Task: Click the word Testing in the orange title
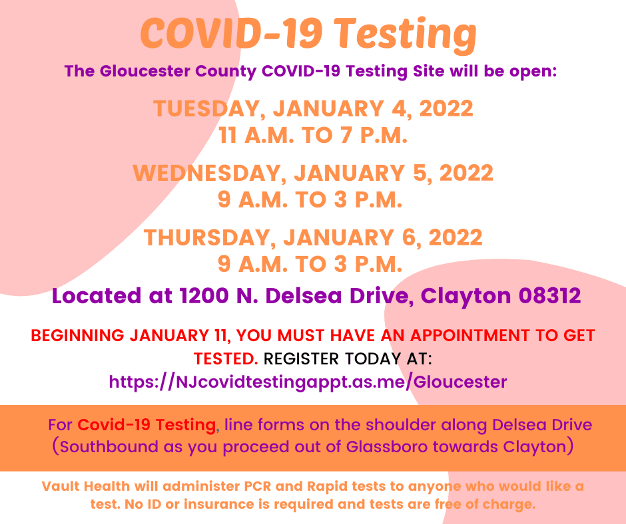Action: tap(405, 35)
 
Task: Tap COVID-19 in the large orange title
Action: tap(231, 33)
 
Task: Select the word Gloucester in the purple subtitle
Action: tap(145, 71)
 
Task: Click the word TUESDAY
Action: tap(207, 109)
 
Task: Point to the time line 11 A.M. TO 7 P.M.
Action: tap(313, 136)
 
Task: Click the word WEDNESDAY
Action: tap(207, 174)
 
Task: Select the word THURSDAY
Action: tap(207, 237)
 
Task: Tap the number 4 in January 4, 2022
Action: tap(399, 108)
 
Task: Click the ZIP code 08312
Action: tap(549, 296)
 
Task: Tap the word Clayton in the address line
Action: tap(466, 297)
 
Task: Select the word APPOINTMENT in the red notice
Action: tap(470, 335)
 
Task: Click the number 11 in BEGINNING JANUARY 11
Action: tap(220, 335)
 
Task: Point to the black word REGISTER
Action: tap(301, 359)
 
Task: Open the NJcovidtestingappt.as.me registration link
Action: tap(308, 382)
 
